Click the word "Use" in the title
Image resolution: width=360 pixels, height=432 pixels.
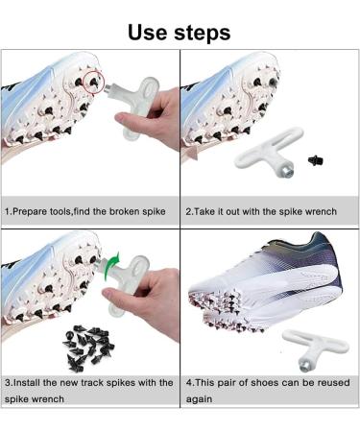click(148, 33)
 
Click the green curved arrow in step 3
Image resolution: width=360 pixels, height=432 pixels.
click(111, 267)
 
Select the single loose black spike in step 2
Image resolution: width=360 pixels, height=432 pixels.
click(316, 160)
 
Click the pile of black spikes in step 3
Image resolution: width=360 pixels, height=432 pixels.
click(88, 348)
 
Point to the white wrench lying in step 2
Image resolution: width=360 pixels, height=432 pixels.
click(269, 152)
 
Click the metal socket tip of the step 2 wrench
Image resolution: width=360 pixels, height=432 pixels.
click(285, 172)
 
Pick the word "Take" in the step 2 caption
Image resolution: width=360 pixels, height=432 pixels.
click(204, 212)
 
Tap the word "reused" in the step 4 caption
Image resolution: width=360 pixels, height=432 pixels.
click(334, 383)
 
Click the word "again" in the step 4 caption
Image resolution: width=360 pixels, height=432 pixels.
click(199, 399)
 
